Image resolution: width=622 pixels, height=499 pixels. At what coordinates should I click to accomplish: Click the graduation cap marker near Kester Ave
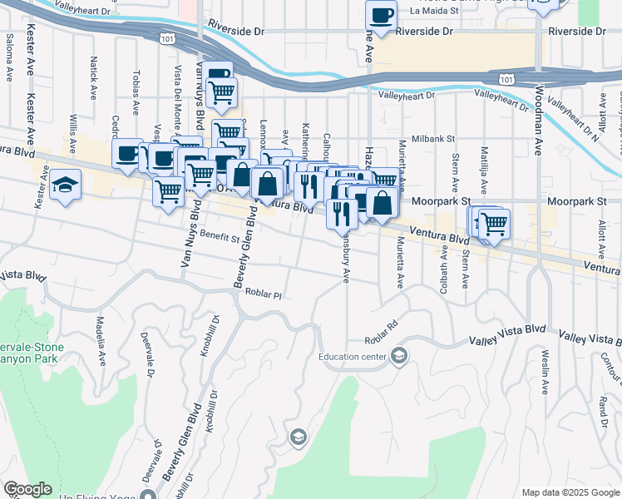click(65, 185)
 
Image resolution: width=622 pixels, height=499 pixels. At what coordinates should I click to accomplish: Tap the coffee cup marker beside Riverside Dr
click(381, 16)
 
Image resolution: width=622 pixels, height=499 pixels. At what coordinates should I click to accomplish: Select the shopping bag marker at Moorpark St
click(381, 204)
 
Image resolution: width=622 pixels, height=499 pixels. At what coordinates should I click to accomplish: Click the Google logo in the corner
click(27, 489)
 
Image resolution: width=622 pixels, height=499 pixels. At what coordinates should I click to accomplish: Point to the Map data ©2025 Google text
click(570, 492)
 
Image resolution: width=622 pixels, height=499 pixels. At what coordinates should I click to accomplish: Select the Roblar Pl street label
click(266, 294)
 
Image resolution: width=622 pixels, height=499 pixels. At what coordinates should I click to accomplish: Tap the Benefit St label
click(220, 237)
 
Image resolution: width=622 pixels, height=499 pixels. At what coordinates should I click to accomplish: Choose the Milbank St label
click(433, 139)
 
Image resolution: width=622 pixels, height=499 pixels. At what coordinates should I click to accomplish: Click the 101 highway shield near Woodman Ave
click(506, 77)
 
